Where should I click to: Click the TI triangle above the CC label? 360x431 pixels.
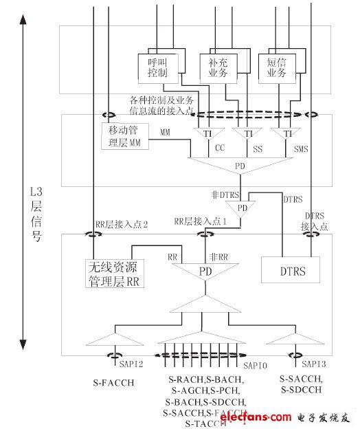[x=206, y=133]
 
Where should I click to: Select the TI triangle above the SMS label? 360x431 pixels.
[x=287, y=133]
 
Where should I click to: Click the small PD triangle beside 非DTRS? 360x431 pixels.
[x=242, y=207]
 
